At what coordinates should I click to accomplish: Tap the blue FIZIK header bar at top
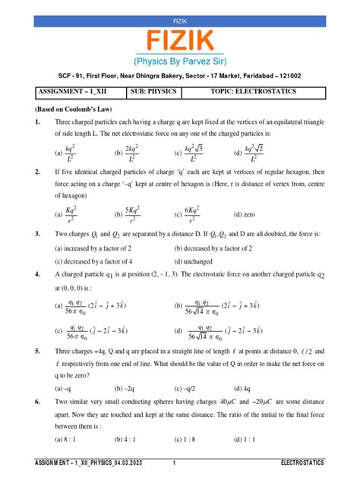point(180,7)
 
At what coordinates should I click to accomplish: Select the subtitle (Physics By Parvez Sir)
point(180,62)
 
